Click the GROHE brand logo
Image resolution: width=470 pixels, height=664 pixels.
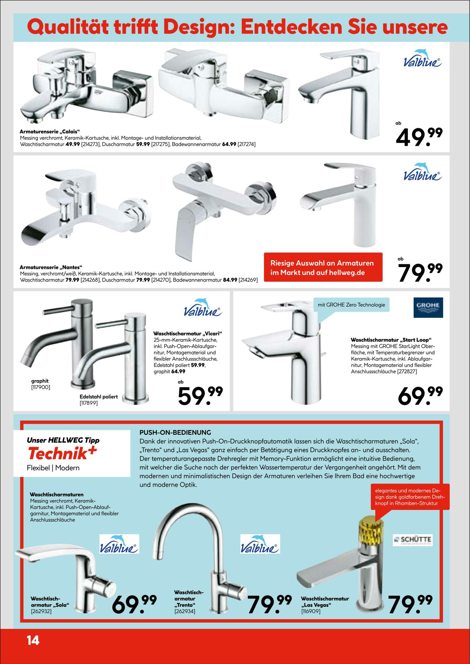click(428, 307)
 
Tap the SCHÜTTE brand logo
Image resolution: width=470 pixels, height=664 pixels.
click(412, 540)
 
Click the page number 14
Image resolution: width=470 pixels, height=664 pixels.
click(33, 640)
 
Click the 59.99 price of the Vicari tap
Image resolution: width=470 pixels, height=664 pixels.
click(200, 396)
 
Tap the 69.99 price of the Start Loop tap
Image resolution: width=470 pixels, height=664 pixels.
click(420, 396)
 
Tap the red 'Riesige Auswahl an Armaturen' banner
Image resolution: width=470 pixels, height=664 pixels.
click(323, 267)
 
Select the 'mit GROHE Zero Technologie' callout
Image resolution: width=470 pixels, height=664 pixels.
click(351, 305)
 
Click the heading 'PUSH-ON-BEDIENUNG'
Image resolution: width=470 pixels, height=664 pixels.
click(175, 432)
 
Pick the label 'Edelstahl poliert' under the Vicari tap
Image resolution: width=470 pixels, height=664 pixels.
click(99, 397)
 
